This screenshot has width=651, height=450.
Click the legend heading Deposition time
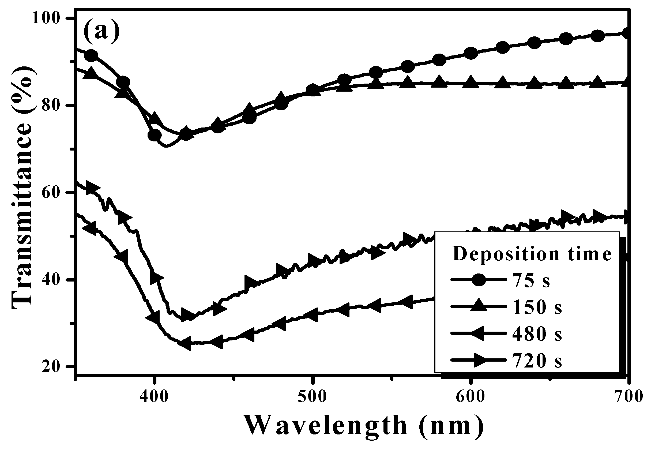pos(532,254)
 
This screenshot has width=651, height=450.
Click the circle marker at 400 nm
pos(155,135)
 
